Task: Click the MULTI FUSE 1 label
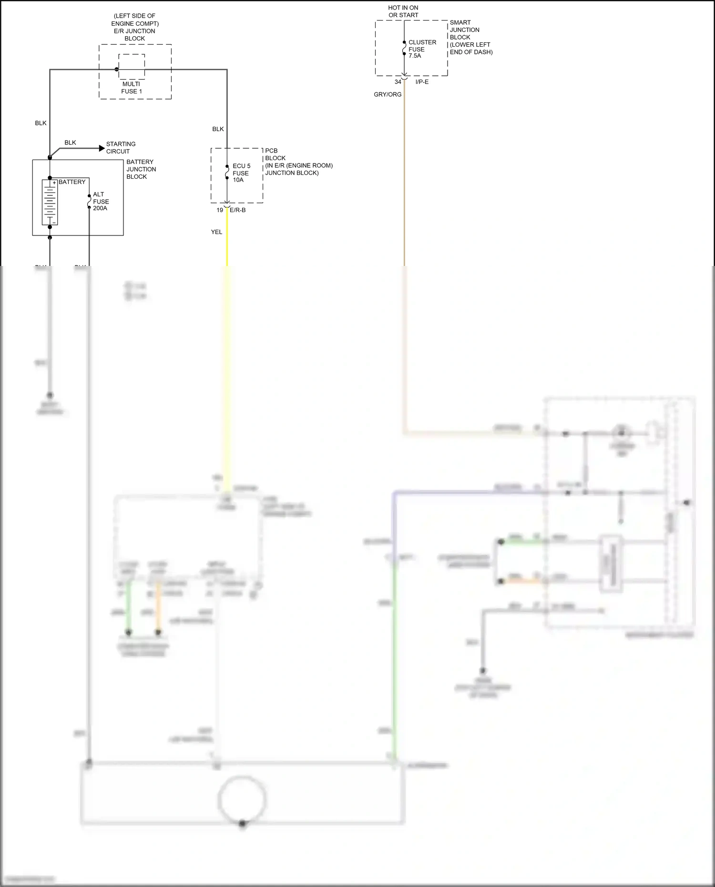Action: [x=132, y=88]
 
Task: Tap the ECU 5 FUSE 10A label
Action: [x=241, y=173]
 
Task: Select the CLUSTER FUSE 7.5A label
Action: [x=422, y=49]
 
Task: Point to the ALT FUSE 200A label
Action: [x=101, y=201]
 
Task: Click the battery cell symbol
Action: [x=50, y=202]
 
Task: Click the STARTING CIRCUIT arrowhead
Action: [x=102, y=148]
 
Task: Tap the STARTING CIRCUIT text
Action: [x=121, y=148]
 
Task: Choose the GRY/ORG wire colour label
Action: [x=388, y=94]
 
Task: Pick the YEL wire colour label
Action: [x=216, y=232]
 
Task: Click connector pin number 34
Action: [x=398, y=82]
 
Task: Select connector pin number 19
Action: [x=220, y=210]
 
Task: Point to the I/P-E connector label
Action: [x=422, y=82]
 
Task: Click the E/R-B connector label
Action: [x=238, y=210]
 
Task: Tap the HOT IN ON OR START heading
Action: [x=403, y=11]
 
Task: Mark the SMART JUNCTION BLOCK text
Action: [x=470, y=37]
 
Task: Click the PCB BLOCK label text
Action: [x=298, y=162]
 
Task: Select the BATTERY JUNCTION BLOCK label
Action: [x=141, y=169]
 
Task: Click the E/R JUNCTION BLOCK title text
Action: [x=134, y=27]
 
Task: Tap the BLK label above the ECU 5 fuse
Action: [x=218, y=129]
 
